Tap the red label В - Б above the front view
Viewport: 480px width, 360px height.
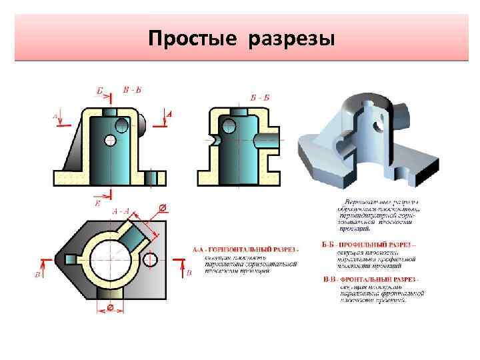click(132, 90)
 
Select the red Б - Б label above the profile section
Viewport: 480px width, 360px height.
click(260, 97)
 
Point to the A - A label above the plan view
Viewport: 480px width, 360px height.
click(121, 211)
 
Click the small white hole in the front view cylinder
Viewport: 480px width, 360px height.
click(110, 140)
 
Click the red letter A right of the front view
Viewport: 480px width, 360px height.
click(169, 115)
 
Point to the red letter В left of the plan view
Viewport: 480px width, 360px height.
click(37, 274)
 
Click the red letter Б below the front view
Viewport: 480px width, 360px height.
click(98, 203)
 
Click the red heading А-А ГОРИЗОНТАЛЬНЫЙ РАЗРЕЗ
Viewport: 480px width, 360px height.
click(245, 249)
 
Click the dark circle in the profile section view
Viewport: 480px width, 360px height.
click(229, 125)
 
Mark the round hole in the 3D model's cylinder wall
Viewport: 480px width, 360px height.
click(377, 125)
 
